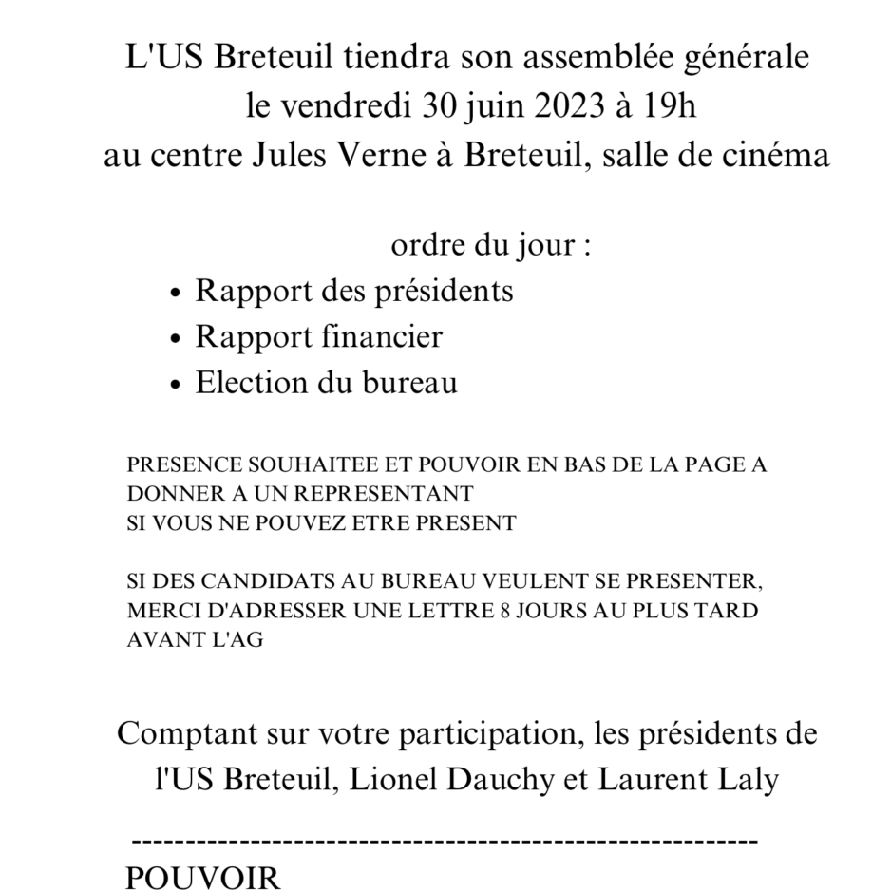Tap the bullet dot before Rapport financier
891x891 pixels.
coord(174,339)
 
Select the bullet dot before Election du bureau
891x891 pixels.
coord(174,386)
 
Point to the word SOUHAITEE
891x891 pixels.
coord(286,467)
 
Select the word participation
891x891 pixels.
coord(478,735)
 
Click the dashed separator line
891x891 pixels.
coord(443,841)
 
